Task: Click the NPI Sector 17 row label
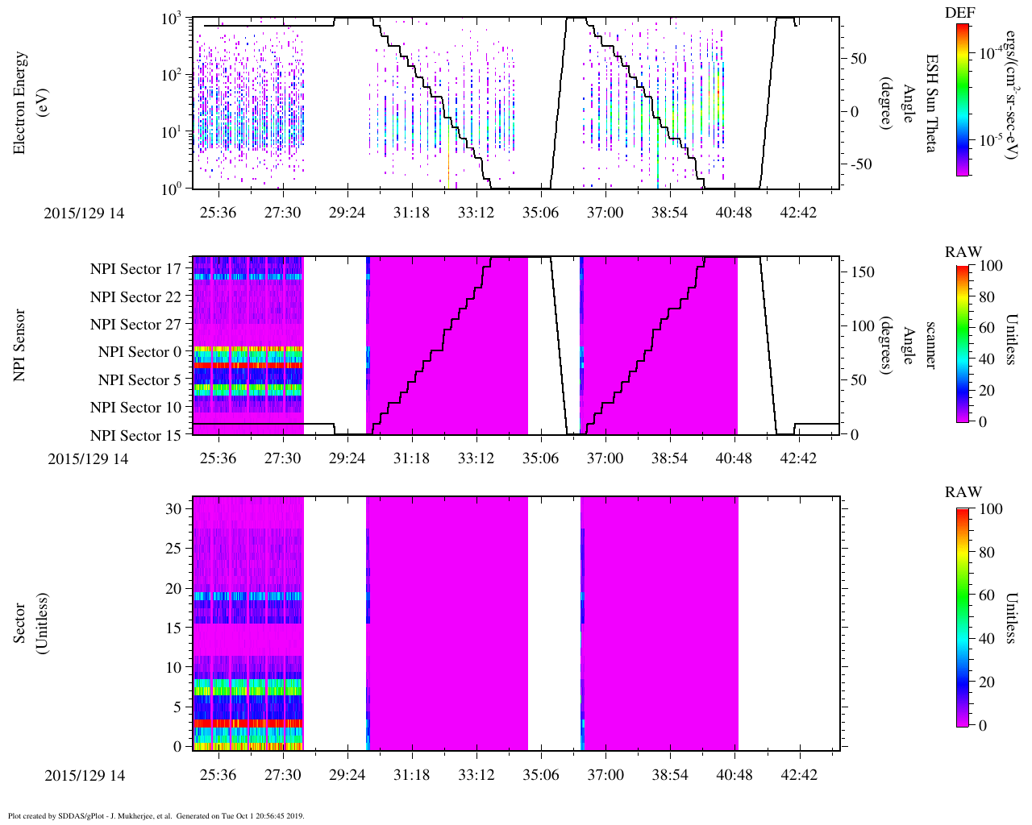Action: [135, 269]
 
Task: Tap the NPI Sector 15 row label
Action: [135, 436]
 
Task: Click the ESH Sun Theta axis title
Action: [930, 103]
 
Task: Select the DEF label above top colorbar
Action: [959, 13]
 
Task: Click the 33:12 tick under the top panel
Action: [476, 213]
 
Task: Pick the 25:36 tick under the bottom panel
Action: [218, 775]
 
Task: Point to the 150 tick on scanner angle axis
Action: [863, 272]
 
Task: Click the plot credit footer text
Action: [156, 815]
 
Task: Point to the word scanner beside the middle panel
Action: [930, 345]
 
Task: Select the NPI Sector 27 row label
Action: [135, 325]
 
